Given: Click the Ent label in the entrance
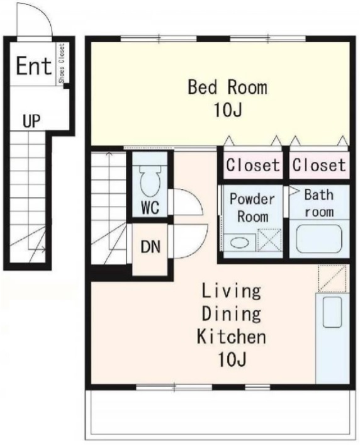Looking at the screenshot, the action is click(34, 66).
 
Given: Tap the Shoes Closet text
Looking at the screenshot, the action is click(62, 63).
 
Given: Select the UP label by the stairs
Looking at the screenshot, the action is click(31, 121).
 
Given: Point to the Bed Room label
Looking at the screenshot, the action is click(228, 87).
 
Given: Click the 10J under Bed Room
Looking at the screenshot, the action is click(228, 110).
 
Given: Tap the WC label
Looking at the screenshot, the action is click(150, 208).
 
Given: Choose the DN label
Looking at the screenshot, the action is click(150, 247).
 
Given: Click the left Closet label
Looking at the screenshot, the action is click(253, 165).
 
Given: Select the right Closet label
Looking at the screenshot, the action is click(319, 165).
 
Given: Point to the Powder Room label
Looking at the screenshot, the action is click(252, 208).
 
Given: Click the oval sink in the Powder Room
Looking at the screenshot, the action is click(239, 243).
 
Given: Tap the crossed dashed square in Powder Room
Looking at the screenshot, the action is click(269, 240).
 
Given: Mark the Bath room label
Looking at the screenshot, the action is click(319, 203).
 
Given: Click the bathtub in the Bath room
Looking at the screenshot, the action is click(319, 239).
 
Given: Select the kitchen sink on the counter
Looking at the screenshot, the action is click(332, 312).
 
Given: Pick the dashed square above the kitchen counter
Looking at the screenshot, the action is click(332, 278).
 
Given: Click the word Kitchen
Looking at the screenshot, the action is click(232, 336).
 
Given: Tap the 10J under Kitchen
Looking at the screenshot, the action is click(232, 359).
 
